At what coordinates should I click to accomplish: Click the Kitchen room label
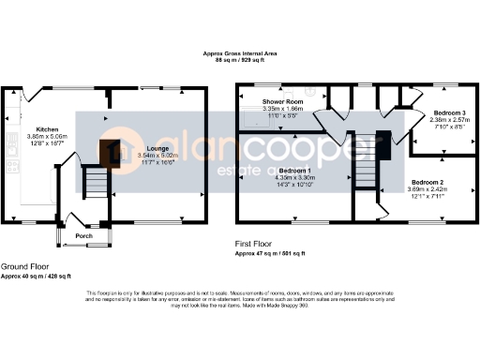pos(47,128)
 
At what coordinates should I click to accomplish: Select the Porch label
pos(82,236)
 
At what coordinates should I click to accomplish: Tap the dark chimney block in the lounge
pos(114,150)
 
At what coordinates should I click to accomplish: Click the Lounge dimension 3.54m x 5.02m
pos(157,156)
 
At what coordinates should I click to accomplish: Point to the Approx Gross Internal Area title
pos(239,54)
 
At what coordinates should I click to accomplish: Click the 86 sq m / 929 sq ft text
pos(239,61)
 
